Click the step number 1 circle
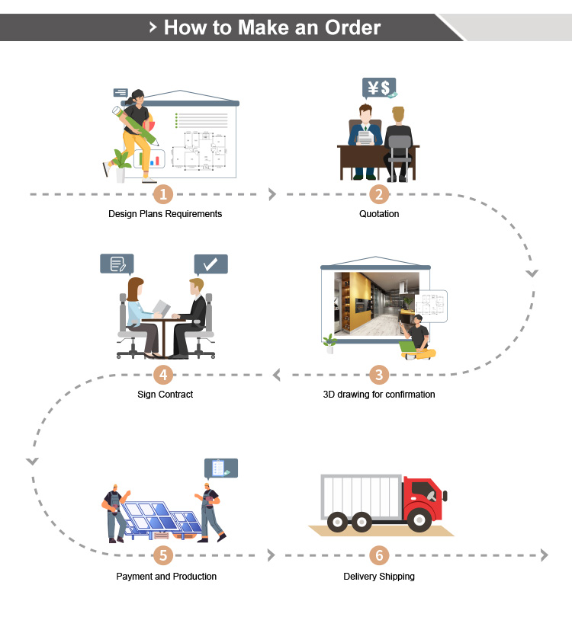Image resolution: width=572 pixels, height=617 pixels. tap(163, 194)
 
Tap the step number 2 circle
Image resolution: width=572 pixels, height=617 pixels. tap(379, 194)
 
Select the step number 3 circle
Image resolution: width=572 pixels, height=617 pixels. tap(379, 375)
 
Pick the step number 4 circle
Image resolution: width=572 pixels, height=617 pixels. tap(163, 375)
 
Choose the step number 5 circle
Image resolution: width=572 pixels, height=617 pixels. tap(163, 555)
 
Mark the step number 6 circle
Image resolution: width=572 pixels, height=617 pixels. tap(379, 555)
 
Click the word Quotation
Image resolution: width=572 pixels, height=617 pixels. tap(379, 214)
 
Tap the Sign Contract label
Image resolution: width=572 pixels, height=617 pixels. tap(165, 395)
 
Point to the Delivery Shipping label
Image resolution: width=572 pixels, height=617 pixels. tap(379, 577)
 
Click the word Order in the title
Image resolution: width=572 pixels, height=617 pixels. tap(352, 27)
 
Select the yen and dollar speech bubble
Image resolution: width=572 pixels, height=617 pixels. tap(379, 88)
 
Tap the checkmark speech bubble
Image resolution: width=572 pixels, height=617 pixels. tap(210, 264)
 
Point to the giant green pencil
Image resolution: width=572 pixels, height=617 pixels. tap(135, 125)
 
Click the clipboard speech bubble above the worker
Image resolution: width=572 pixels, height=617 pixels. tap(221, 468)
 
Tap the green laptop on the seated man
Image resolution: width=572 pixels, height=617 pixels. tap(408, 347)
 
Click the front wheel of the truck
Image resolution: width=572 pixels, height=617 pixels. tap(419, 520)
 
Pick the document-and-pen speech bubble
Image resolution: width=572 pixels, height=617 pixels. tap(117, 264)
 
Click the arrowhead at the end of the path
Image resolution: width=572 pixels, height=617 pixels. tap(545, 555)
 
